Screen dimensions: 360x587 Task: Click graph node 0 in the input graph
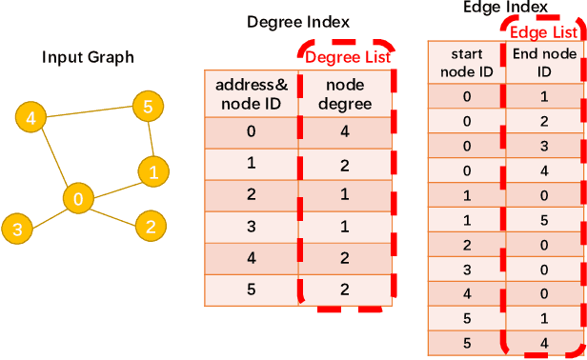78,198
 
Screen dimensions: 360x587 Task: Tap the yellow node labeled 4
31,118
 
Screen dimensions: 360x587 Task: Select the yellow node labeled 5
147,106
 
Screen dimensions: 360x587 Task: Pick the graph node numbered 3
17,229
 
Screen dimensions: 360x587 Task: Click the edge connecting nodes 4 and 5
89,112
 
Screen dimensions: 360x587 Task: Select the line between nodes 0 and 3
48,213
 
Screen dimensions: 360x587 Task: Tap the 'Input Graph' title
88,58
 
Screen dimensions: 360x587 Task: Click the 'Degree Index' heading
297,22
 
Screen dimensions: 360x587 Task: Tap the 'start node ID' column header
466,63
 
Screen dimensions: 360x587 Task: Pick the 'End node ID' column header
544,63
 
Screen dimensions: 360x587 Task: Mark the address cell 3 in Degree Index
252,227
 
